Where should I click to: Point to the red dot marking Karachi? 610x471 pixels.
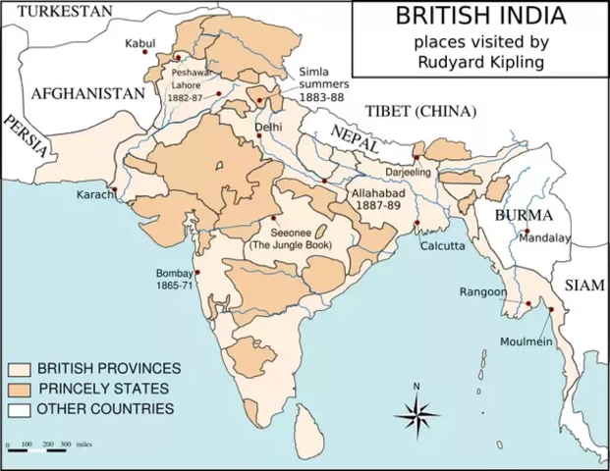click(116, 189)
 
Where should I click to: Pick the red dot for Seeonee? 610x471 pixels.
click(273, 218)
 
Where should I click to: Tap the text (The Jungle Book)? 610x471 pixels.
click(297, 243)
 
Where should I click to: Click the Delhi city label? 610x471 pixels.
click(268, 128)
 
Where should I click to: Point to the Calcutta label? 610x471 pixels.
click(442, 246)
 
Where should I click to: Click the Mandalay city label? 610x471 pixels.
click(545, 237)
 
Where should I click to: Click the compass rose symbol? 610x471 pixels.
click(416, 416)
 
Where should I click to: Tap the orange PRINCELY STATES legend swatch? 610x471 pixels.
click(20, 389)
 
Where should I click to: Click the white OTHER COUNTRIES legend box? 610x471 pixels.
click(20, 408)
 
